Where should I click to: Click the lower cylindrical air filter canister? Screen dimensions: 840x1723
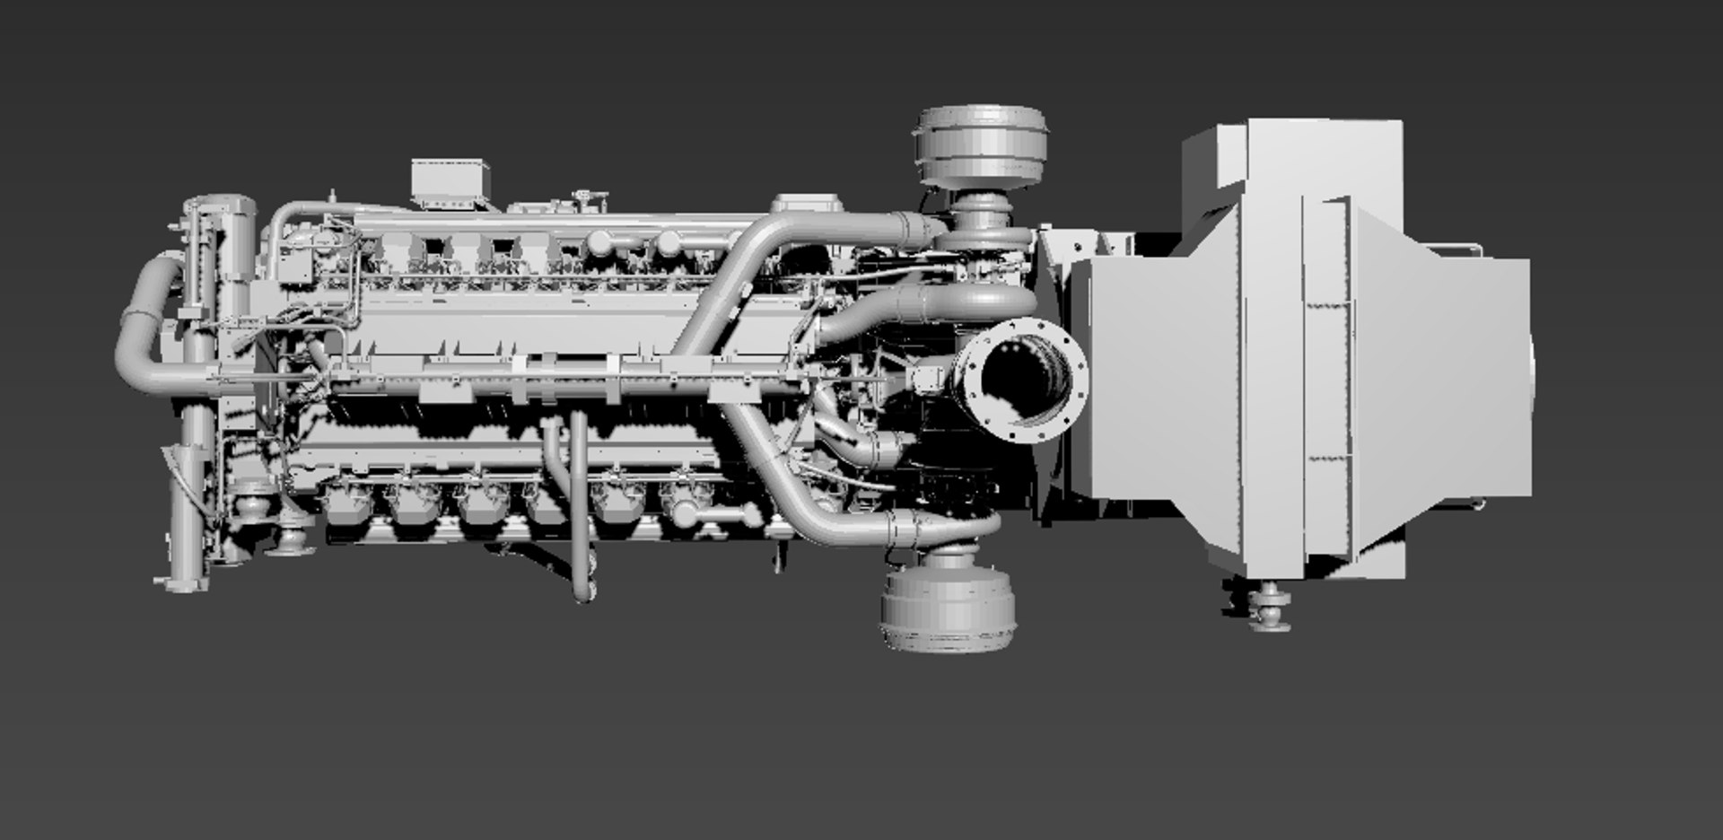(x=949, y=607)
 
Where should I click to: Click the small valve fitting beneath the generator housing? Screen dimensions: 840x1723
(x=1270, y=606)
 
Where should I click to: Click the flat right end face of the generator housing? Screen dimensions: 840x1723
(x=1485, y=377)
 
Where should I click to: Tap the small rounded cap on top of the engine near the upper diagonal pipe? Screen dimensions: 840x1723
(x=806, y=204)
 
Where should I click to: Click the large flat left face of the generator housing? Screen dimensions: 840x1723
(x=1158, y=377)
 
